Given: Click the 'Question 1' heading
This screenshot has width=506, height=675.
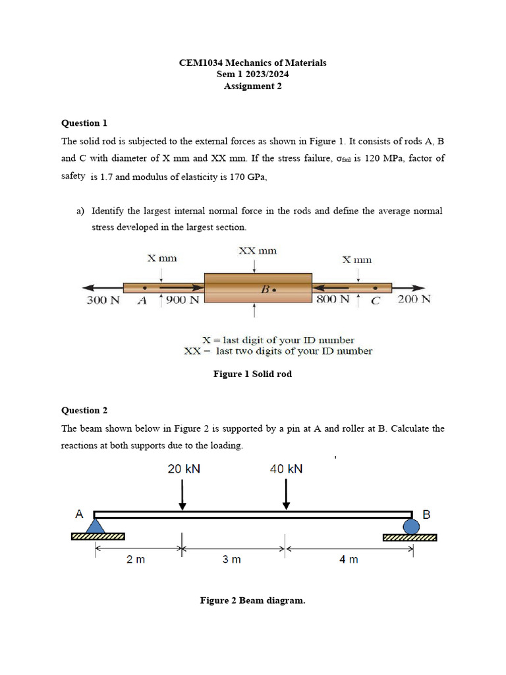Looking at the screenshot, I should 84,123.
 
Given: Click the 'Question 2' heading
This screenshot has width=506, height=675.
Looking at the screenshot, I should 84,411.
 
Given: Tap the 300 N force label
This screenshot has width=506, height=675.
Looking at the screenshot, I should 103,300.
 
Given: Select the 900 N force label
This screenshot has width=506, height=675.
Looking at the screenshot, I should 183,300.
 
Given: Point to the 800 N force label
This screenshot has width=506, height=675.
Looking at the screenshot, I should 333,299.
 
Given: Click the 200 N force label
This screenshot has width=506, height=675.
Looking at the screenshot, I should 414,299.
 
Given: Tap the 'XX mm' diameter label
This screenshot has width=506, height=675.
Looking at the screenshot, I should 257,250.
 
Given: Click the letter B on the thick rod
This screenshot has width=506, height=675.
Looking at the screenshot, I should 266,289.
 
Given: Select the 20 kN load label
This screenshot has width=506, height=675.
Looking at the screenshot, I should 184,469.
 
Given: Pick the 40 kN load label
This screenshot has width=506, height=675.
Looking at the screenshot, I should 287,469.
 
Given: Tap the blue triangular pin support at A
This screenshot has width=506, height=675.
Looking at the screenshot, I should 96,525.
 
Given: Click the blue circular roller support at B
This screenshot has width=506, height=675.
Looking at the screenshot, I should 411,526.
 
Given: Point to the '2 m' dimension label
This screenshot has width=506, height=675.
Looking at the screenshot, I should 136,560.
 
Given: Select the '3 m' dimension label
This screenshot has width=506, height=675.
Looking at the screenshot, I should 231,560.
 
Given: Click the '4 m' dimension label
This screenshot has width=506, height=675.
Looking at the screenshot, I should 349,560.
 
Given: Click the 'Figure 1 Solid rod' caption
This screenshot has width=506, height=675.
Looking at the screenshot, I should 252,374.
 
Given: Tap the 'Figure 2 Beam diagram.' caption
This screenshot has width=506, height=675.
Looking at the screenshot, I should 252,601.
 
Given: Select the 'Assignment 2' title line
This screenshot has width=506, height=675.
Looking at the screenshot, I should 252,86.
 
